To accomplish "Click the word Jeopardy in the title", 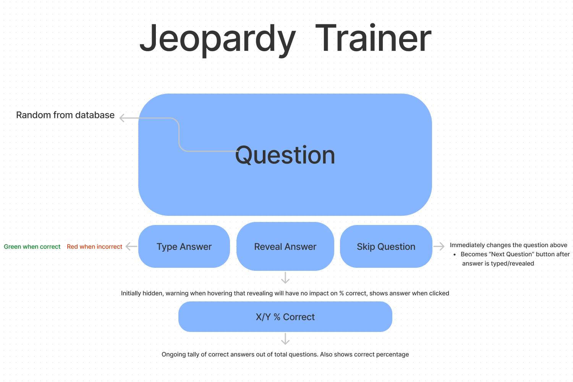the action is [x=217, y=39].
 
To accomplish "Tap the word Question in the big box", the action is [x=285, y=155].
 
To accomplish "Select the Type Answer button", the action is [x=184, y=247].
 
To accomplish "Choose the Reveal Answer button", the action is [x=285, y=247].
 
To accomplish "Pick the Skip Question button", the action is [x=386, y=247].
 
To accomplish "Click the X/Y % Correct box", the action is [x=285, y=317].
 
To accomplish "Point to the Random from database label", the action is [x=65, y=115].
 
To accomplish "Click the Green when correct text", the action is [x=32, y=247].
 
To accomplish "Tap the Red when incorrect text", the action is [x=94, y=247].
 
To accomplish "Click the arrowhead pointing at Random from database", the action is [x=122, y=118].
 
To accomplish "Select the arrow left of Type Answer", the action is [x=131, y=247].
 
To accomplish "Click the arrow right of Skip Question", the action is [x=439, y=246].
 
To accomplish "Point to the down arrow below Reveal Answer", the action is [x=285, y=278].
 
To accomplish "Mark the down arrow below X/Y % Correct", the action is [x=285, y=339].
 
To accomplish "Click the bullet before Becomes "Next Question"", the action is [x=455, y=254].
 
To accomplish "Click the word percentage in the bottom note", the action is [x=392, y=354].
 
